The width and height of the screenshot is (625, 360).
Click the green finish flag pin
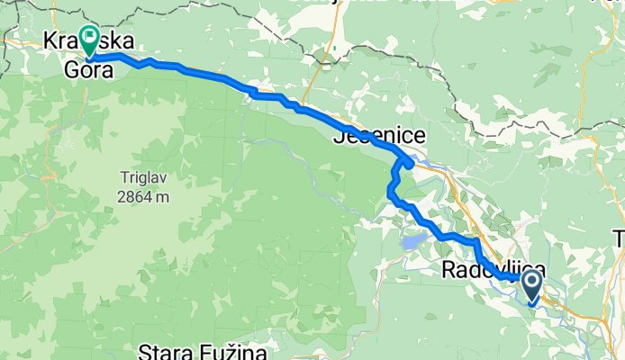tap(90, 38)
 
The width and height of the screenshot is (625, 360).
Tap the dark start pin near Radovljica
tap(531, 285)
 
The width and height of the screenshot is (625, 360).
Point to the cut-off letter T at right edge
tap(620, 238)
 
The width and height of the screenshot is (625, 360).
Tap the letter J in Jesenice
tap(340, 138)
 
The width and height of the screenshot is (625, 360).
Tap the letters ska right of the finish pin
tap(119, 41)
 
